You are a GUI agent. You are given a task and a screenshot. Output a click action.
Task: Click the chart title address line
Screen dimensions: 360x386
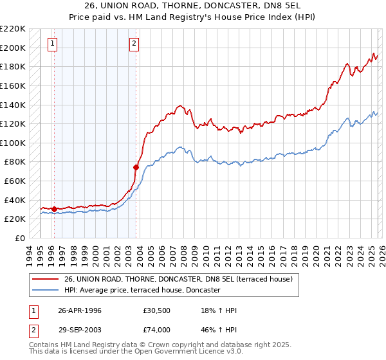coord(193,6)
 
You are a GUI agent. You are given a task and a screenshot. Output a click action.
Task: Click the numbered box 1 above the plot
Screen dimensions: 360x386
coord(52,44)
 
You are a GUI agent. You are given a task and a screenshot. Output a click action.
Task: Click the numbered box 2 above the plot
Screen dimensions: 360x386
coord(134,44)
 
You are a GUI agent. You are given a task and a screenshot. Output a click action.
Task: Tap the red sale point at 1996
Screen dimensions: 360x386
coord(54,209)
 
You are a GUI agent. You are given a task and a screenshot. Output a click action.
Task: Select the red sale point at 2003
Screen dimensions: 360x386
coord(136,167)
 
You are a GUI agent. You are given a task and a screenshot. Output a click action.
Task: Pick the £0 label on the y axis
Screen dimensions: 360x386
coord(19,238)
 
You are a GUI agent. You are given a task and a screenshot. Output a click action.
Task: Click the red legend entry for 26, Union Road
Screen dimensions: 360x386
coord(178,279)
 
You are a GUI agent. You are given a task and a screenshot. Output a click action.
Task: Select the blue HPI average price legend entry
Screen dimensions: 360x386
coord(142,291)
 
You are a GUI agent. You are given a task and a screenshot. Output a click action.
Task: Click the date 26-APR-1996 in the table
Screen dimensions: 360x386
coord(80,310)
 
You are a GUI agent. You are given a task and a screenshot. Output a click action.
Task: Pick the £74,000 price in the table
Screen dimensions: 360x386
coord(157,330)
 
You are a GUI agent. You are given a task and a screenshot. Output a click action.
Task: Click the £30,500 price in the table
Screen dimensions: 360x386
coord(157,310)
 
